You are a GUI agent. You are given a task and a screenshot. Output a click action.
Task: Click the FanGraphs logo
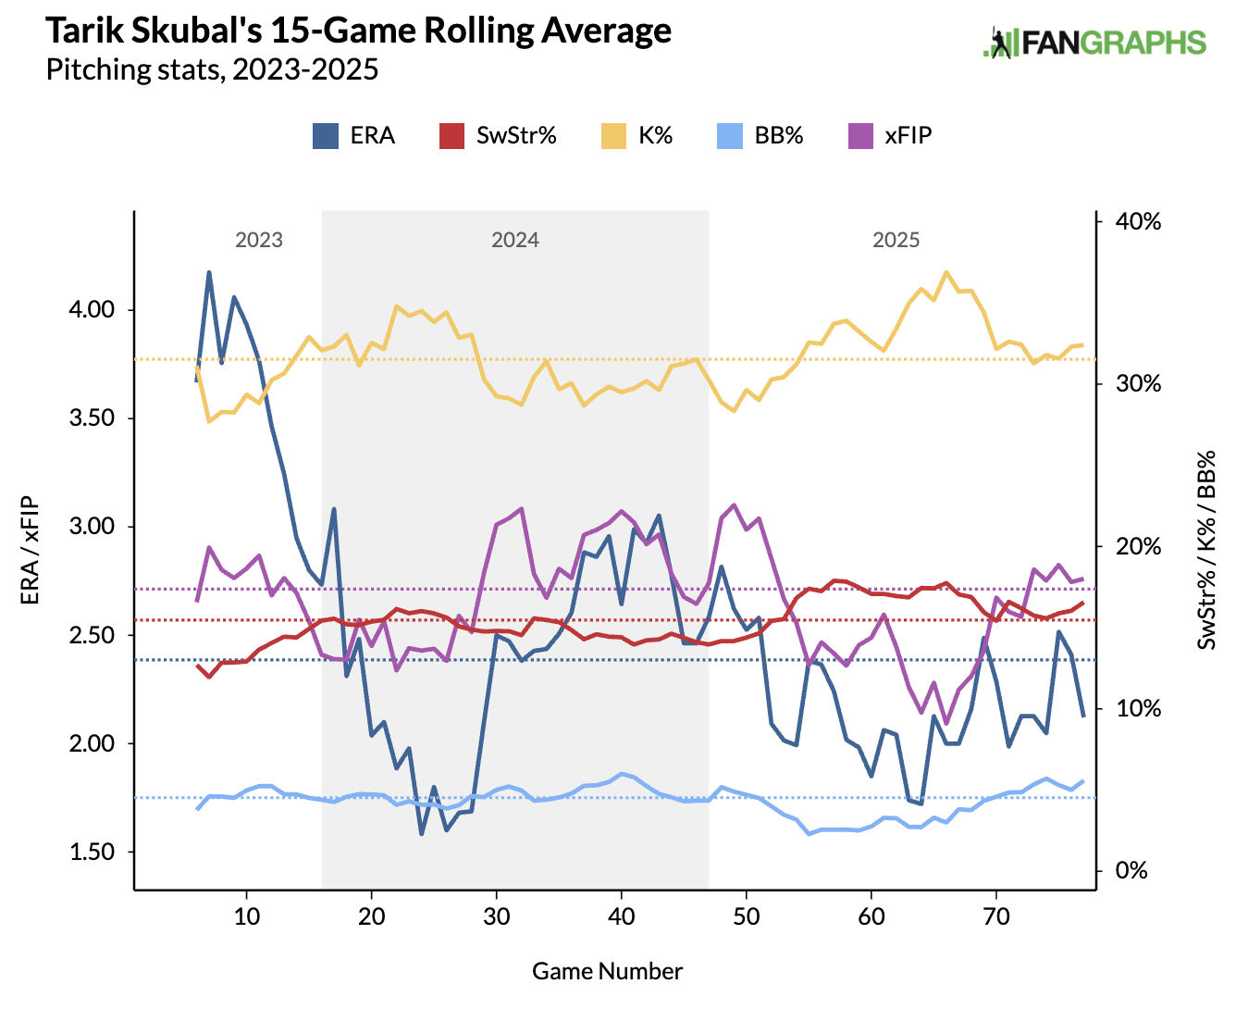[x=1094, y=43]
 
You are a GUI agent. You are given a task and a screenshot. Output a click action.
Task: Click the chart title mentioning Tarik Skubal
[x=359, y=31]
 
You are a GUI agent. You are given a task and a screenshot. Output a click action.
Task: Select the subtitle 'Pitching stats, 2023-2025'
[x=212, y=70]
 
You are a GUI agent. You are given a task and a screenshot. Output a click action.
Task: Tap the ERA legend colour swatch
[x=326, y=136]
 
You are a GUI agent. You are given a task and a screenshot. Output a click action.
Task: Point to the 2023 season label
[x=259, y=240]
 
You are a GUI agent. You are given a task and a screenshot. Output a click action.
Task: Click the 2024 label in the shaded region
[x=515, y=240]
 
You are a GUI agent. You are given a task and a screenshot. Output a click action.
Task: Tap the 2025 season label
[x=896, y=240]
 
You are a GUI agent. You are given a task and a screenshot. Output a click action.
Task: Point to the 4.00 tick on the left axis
[x=93, y=310]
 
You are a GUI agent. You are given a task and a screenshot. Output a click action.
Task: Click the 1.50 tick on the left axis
[x=93, y=853]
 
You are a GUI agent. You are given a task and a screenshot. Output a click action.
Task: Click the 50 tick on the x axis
[x=747, y=916]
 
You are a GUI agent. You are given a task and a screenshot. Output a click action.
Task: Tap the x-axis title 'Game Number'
[x=607, y=971]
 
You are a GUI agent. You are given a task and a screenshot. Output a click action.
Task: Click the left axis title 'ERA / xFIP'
[x=30, y=551]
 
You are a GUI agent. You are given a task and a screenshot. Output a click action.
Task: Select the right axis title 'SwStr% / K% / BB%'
[x=1206, y=551]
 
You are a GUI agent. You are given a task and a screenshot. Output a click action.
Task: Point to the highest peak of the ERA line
[x=209, y=272]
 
